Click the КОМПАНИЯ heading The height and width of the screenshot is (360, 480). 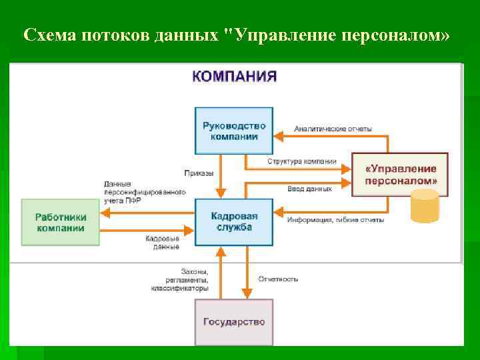pyautogui.click(x=234, y=76)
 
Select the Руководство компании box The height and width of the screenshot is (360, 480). pyautogui.click(x=234, y=131)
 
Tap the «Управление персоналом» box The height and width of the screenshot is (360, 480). pyautogui.click(x=401, y=175)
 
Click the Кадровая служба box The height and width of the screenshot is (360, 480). pyautogui.click(x=234, y=222)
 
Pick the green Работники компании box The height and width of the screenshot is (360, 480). pyautogui.click(x=60, y=222)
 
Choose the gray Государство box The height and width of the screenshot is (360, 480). pyautogui.click(x=234, y=322)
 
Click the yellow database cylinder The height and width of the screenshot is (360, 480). pyautogui.click(x=425, y=207)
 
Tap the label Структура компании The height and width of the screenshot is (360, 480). pyautogui.click(x=302, y=161)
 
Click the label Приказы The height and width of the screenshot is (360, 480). pyautogui.click(x=199, y=173)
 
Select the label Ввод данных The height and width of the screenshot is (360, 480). pyautogui.click(x=309, y=189)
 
